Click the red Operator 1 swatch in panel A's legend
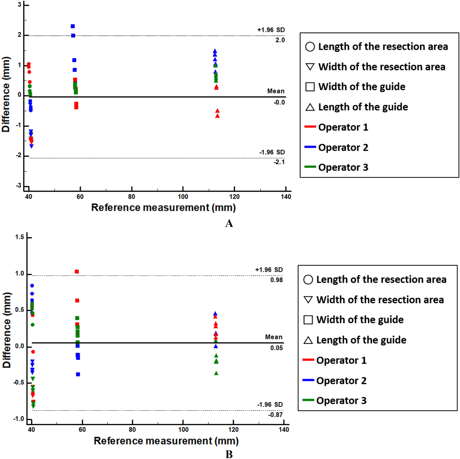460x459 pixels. (310, 127)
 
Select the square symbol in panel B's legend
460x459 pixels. (308, 320)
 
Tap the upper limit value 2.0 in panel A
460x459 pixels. (280, 40)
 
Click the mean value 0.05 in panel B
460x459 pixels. (276, 348)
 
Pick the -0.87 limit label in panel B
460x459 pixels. (275, 415)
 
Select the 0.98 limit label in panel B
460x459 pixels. (276, 280)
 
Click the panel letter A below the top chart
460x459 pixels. (229, 223)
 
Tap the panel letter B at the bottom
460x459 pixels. (229, 454)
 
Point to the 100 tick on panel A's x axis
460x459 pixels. (183, 197)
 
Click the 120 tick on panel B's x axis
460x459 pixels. (233, 429)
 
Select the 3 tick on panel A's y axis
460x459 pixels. (19, 5)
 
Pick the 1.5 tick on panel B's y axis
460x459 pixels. (19, 237)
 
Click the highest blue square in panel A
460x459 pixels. (73, 26)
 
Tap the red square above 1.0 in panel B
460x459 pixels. (77, 272)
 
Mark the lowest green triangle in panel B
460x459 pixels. (216, 373)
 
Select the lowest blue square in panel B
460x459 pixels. (78, 374)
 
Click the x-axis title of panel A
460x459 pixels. (163, 207)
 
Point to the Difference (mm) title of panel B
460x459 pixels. (6, 330)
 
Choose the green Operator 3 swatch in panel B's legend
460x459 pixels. (308, 400)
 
